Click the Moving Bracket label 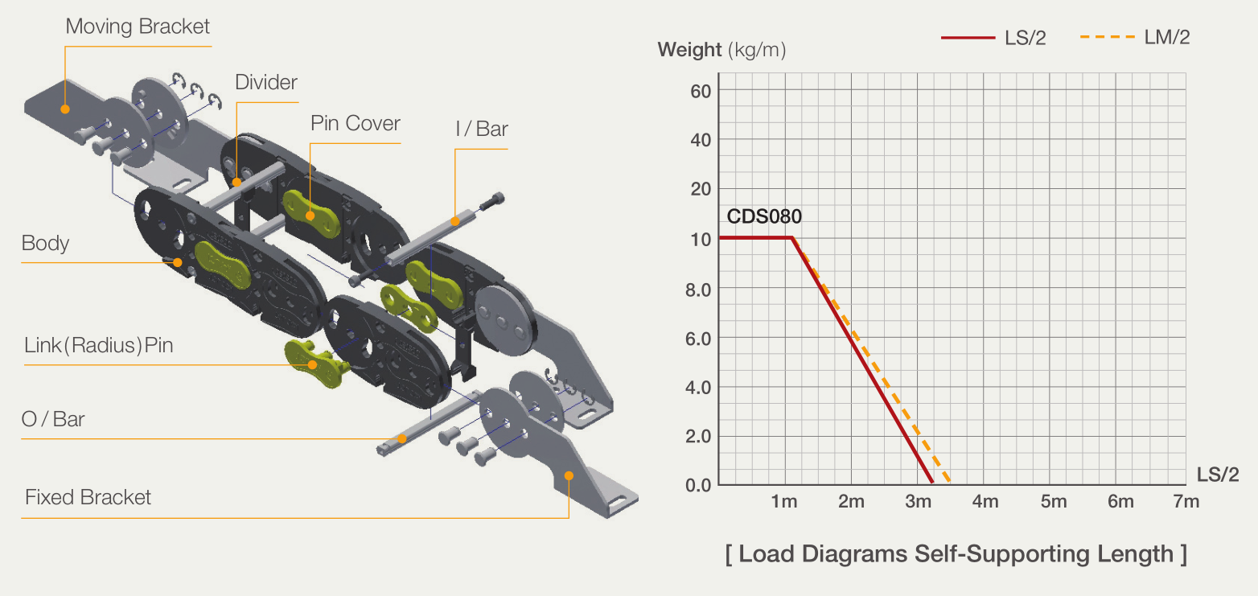137,27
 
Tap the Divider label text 265,82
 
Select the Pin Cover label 355,123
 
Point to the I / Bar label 481,129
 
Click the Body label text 45,243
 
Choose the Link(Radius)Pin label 98,345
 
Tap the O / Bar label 53,419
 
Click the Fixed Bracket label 88,497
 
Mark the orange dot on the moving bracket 65,109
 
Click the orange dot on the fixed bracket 569,476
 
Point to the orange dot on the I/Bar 455,221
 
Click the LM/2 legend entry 1134,37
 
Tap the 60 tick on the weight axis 701,91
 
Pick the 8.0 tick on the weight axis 698,290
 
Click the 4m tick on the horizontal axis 985,501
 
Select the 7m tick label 1186,501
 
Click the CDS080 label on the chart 764,216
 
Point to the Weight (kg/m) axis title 721,50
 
